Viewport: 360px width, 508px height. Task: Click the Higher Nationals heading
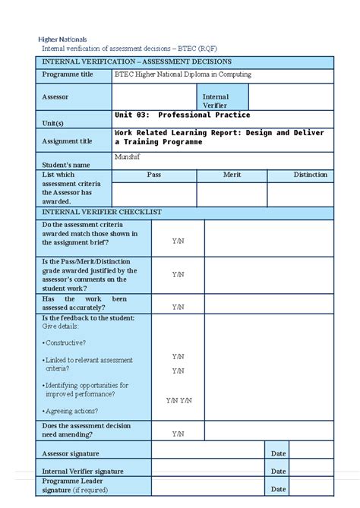point(62,39)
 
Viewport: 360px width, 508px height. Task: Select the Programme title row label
point(68,75)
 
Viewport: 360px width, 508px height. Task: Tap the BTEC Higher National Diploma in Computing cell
point(182,75)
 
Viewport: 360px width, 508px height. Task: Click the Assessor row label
point(55,97)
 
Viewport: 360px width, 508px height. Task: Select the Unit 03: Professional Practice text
point(182,115)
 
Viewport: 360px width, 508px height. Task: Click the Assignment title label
point(67,141)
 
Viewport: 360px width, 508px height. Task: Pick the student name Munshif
point(127,156)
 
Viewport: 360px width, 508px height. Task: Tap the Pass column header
point(153,175)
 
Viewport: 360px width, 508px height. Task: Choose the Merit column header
point(232,175)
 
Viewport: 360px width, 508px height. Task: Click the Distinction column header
point(310,175)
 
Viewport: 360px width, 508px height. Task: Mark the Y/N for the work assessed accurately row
point(178,307)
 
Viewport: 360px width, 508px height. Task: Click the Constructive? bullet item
point(65,342)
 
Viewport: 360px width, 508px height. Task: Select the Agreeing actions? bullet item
point(71,411)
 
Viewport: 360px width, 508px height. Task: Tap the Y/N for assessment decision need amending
point(178,434)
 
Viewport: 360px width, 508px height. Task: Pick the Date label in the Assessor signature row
point(278,453)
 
